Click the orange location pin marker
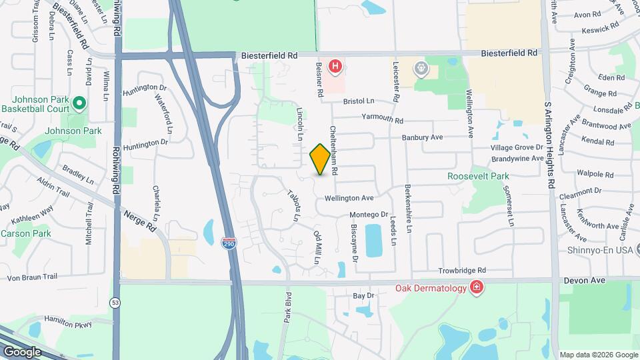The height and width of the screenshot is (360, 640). [x=321, y=159]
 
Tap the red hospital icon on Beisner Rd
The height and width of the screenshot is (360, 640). [x=336, y=67]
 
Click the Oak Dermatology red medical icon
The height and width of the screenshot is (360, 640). [x=477, y=287]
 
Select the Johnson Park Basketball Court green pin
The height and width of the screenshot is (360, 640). [x=79, y=103]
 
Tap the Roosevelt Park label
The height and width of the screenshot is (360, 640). [x=478, y=177]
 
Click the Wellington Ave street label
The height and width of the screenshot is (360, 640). [x=349, y=198]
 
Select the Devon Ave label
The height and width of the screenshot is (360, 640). [x=584, y=281]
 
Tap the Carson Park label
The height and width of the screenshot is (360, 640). [x=26, y=234]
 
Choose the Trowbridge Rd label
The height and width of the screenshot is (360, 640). [x=462, y=271]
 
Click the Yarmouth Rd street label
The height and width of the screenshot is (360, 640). [x=382, y=121]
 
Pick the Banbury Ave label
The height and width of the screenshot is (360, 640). [x=422, y=138]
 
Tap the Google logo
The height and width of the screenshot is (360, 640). [x=22, y=351]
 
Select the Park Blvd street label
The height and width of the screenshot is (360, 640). [x=287, y=307]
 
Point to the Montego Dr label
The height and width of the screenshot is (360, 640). [x=369, y=215]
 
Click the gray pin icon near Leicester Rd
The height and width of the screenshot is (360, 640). [x=421, y=67]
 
